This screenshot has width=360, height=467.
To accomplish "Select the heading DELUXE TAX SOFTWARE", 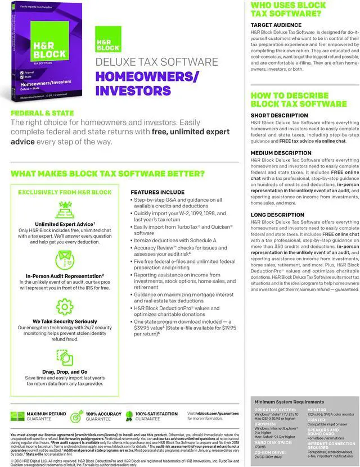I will [157, 62].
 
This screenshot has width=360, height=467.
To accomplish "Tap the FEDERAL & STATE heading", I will [42, 113].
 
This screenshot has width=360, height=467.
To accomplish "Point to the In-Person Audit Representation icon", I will [64, 260].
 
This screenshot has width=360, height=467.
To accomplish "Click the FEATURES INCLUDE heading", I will [157, 192].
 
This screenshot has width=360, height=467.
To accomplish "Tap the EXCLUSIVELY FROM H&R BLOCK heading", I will [64, 192].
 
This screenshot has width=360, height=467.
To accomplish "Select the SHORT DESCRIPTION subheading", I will [279, 115].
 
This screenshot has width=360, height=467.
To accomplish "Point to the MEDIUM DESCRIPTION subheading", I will [281, 153].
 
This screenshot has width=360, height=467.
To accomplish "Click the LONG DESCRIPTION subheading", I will [277, 215].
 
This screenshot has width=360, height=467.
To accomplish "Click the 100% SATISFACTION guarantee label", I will [156, 414].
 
